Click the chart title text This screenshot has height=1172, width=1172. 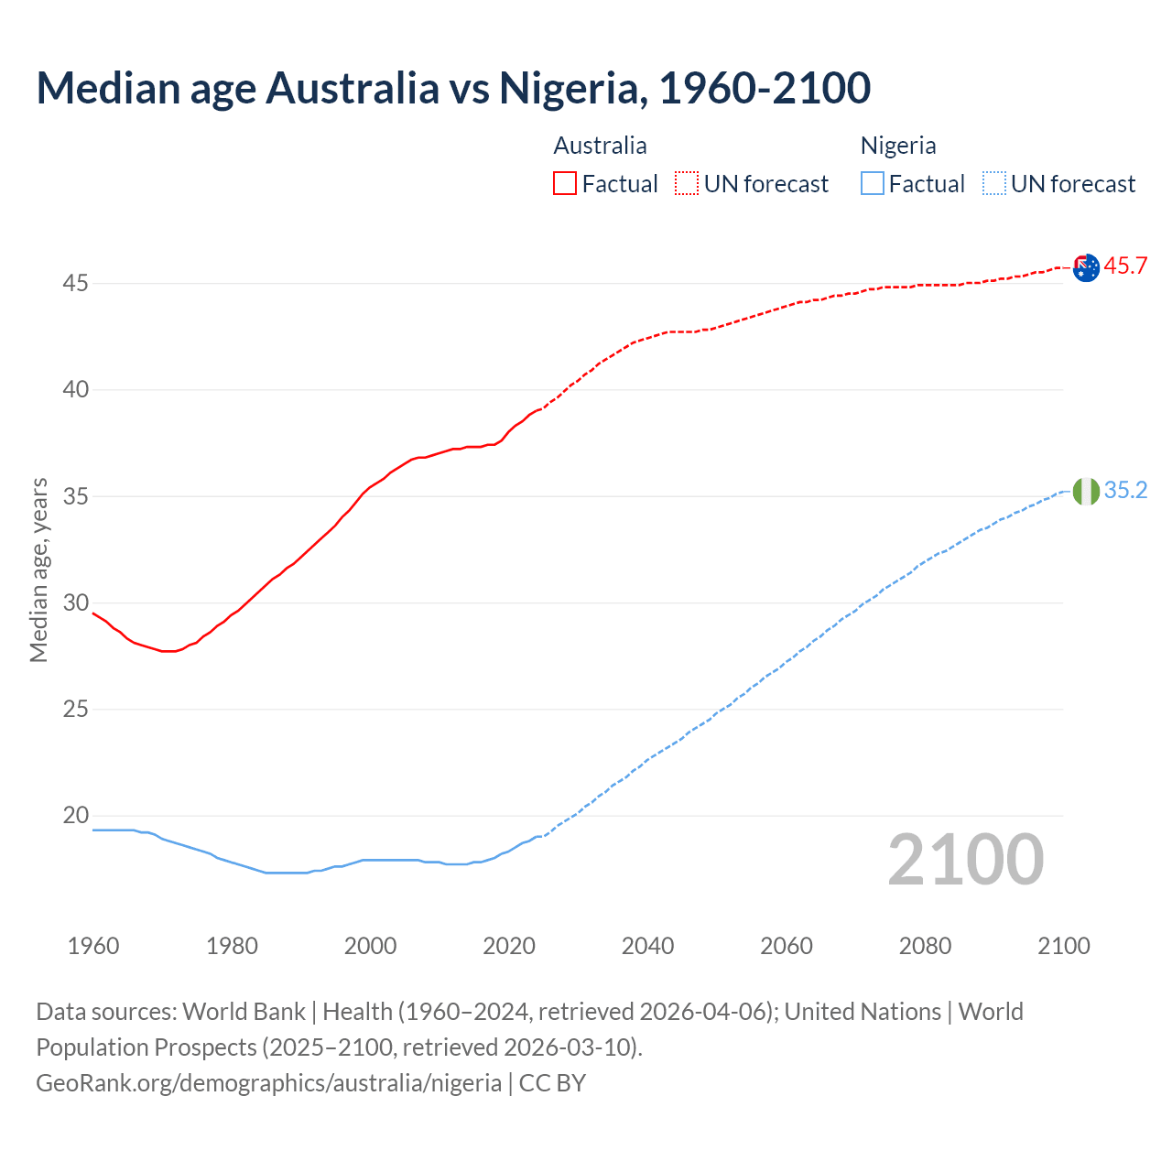pyautogui.click(x=453, y=88)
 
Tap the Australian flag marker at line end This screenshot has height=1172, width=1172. pyautogui.click(x=1086, y=268)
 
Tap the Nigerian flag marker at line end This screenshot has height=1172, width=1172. pyautogui.click(x=1086, y=492)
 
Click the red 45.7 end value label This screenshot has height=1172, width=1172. pyautogui.click(x=1125, y=266)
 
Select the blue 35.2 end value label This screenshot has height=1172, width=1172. pyautogui.click(x=1125, y=491)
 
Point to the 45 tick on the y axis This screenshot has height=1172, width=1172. pyautogui.click(x=75, y=284)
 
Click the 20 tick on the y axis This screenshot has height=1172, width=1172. pyautogui.click(x=75, y=816)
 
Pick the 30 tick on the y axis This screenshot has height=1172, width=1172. pyautogui.click(x=75, y=603)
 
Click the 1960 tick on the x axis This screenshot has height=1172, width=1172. pyautogui.click(x=93, y=946)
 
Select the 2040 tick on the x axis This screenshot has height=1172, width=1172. pyautogui.click(x=647, y=946)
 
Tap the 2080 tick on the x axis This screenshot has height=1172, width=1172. pyautogui.click(x=925, y=946)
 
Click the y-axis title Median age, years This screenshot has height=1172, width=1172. pyautogui.click(x=38, y=570)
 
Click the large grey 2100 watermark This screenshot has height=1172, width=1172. pyautogui.click(x=965, y=860)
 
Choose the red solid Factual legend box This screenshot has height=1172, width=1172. pyautogui.click(x=565, y=184)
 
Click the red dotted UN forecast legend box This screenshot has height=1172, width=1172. pyautogui.click(x=687, y=184)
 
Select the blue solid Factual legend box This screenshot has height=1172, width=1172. pyautogui.click(x=873, y=184)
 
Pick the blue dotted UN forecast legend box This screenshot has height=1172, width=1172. pyautogui.click(x=994, y=184)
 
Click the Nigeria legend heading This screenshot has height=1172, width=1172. pyautogui.click(x=898, y=146)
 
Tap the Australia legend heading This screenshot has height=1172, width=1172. pyautogui.click(x=600, y=146)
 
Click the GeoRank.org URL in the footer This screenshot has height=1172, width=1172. pyautogui.click(x=268, y=1083)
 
